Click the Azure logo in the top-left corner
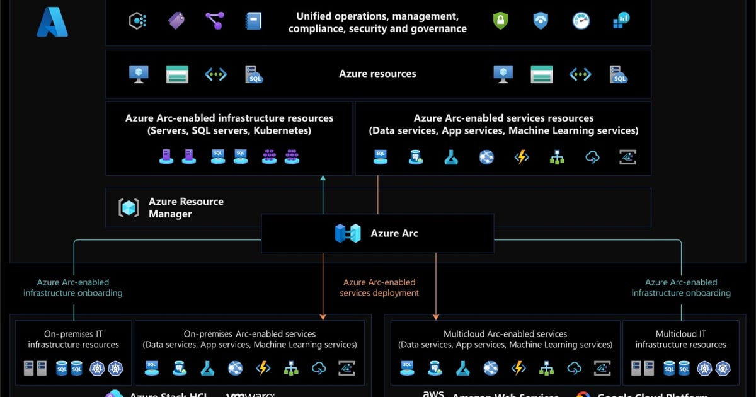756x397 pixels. (x=52, y=22)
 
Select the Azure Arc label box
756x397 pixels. (x=377, y=233)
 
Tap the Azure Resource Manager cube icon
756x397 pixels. (x=129, y=208)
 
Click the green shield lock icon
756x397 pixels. (x=500, y=21)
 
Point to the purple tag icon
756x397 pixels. (x=176, y=21)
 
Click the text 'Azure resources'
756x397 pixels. (x=377, y=74)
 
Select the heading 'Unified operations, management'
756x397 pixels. (x=377, y=16)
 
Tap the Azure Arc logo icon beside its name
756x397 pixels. (x=347, y=233)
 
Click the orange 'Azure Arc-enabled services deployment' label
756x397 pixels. (x=379, y=287)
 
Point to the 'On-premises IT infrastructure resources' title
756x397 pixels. (x=73, y=339)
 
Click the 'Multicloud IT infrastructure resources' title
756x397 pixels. (x=680, y=339)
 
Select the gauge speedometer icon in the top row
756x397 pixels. (x=581, y=21)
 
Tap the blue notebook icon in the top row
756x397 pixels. (x=253, y=21)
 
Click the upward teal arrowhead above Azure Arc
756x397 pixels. (x=323, y=178)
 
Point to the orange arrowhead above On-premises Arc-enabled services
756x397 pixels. (x=323, y=317)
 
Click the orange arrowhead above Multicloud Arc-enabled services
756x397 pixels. (x=436, y=317)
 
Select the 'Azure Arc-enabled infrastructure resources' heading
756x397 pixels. (x=229, y=118)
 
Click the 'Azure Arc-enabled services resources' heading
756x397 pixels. (x=503, y=118)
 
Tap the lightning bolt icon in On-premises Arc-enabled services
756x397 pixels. (x=263, y=368)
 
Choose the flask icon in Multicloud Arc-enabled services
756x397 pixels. (x=463, y=368)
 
